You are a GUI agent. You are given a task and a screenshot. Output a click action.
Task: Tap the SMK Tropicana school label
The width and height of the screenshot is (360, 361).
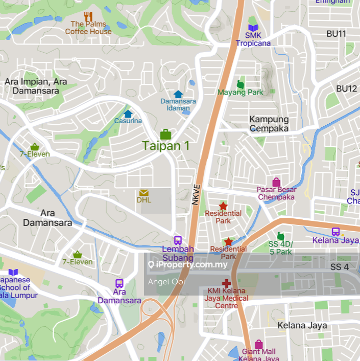click(x=253, y=39)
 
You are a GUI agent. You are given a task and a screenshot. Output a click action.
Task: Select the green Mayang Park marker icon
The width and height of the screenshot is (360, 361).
click(x=241, y=84)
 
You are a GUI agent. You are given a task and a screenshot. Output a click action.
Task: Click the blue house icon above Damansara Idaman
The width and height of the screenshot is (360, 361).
click(x=178, y=94)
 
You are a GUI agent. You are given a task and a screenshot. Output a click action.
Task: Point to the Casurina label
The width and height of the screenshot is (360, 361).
click(x=128, y=121)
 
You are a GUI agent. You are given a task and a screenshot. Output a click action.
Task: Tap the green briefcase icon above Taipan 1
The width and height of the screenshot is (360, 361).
click(x=165, y=134)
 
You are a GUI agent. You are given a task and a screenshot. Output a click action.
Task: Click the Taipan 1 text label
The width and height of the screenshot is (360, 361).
click(x=166, y=146)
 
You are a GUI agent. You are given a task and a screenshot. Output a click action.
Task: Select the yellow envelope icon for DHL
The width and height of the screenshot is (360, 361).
click(x=143, y=193)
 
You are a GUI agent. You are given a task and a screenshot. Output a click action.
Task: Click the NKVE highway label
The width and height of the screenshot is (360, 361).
click(x=196, y=195)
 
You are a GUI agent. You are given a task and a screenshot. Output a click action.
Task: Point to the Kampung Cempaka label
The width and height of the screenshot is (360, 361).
click(x=269, y=124)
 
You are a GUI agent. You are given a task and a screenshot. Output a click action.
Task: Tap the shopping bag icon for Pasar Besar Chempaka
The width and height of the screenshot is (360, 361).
click(x=276, y=182)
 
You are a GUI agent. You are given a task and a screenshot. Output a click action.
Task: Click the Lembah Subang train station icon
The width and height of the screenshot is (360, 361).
click(x=178, y=240)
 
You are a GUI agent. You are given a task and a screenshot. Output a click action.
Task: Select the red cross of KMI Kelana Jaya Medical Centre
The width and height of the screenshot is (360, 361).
click(x=226, y=283)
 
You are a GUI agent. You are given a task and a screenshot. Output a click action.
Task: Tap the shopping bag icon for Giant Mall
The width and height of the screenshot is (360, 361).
click(x=259, y=344)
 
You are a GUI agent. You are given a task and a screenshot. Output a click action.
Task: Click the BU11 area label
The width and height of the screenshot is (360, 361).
click(x=337, y=34)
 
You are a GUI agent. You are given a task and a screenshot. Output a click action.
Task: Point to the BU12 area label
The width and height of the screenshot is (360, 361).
click(x=346, y=88)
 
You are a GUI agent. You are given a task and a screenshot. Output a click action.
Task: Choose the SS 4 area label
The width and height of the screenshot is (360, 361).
click(x=340, y=267)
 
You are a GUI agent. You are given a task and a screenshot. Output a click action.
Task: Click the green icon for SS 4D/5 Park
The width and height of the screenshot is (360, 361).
click(x=280, y=237)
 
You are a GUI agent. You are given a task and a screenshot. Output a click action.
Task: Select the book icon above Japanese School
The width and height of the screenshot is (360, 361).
click(x=13, y=273)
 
